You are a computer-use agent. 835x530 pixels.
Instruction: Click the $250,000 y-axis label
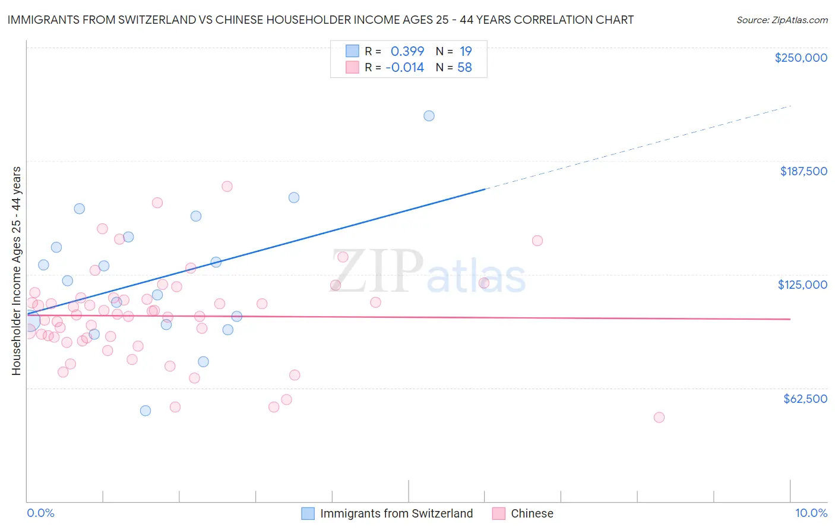click(801, 58)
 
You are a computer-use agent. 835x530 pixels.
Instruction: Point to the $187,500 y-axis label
click(803, 171)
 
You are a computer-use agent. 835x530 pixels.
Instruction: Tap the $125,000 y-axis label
click(802, 285)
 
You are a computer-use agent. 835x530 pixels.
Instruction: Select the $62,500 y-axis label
click(805, 399)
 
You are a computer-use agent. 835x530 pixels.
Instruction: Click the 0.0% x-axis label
click(40, 513)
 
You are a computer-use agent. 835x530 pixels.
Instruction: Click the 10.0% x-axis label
click(811, 513)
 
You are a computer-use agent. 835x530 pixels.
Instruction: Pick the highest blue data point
click(429, 116)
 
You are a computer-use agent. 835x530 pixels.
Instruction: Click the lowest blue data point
click(146, 411)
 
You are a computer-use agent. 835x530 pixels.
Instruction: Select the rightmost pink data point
click(659, 417)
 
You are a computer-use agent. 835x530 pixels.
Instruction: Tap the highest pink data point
click(227, 186)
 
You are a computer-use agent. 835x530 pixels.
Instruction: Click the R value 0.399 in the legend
click(407, 51)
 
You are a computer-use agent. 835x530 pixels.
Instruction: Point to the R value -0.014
click(404, 68)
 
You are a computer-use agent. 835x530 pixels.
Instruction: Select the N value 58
click(464, 68)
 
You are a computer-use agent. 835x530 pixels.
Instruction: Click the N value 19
click(466, 51)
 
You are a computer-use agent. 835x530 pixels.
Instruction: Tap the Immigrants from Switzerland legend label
click(396, 513)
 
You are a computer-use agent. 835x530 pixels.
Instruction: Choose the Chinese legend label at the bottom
click(532, 513)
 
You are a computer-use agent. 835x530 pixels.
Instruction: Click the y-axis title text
click(16, 271)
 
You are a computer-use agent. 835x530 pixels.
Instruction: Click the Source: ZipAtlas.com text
click(782, 20)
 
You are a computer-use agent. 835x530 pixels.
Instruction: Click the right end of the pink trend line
click(790, 319)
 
